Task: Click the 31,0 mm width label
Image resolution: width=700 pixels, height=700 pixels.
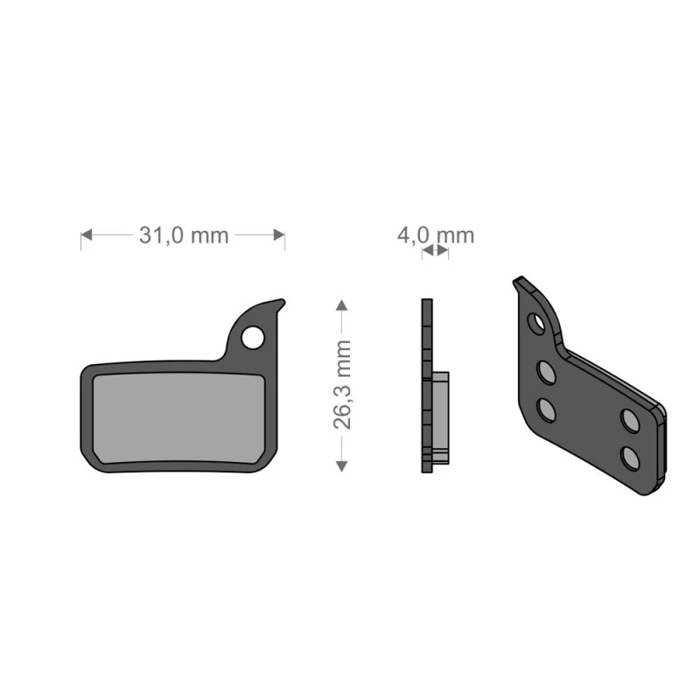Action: (183, 235)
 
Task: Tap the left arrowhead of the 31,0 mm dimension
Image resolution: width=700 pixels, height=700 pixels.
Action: (87, 235)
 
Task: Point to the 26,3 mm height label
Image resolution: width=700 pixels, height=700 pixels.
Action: (342, 385)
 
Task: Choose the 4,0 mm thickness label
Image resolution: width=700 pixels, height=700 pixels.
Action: (435, 234)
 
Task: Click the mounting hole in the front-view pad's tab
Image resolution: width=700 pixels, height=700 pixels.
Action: (253, 336)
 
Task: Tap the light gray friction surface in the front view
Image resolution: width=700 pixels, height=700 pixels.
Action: (176, 416)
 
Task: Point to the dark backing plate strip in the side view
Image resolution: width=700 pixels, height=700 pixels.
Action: (426, 385)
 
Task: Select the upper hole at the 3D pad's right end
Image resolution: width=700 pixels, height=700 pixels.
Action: (629, 419)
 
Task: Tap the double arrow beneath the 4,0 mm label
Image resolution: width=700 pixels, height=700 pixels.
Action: (435, 251)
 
